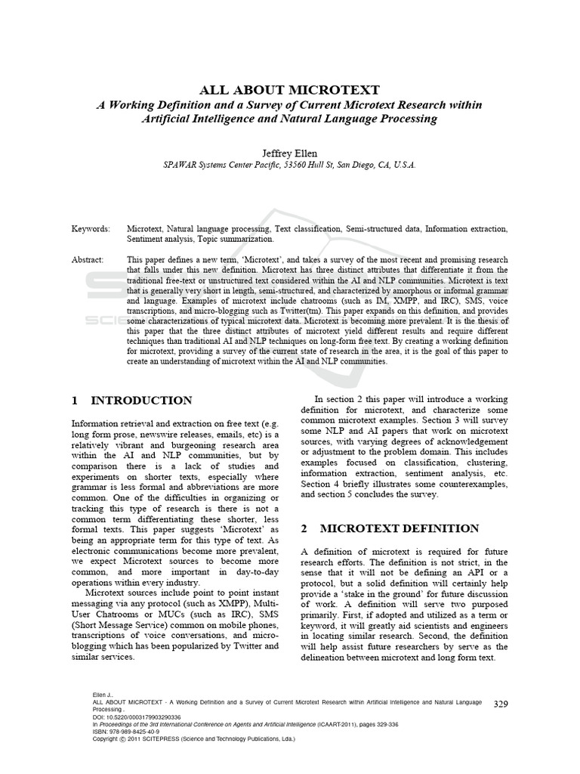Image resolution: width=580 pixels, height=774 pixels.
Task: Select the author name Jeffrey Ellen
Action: point(290,151)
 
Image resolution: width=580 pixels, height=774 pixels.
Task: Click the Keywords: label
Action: point(91,228)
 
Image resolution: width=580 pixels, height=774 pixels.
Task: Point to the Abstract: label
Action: point(89,259)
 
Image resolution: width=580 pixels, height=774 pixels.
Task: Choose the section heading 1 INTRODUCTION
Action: point(131,401)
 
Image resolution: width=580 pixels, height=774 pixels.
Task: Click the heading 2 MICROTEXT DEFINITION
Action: point(390,528)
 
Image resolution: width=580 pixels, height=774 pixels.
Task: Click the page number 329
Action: point(500,704)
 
